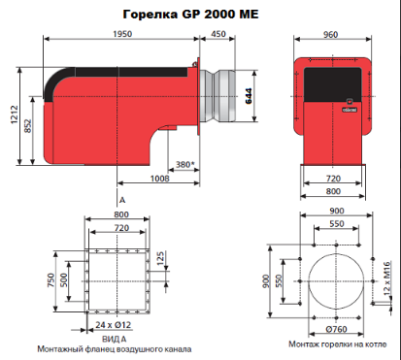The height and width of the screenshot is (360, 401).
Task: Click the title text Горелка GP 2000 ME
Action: tap(190, 15)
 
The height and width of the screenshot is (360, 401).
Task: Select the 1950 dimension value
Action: tap(122, 34)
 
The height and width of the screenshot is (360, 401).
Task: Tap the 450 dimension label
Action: tap(218, 34)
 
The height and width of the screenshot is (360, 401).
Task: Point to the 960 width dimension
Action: tap(330, 35)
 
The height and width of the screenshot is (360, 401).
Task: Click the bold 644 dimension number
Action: tap(249, 96)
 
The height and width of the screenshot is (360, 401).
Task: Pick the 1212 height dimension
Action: tap(15, 115)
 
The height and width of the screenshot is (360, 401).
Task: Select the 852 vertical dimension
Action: tap(28, 126)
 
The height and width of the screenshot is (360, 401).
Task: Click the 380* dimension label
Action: tap(185, 165)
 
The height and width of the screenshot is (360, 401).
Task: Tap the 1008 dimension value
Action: tap(159, 179)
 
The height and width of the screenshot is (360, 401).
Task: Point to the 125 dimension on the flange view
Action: tap(160, 258)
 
